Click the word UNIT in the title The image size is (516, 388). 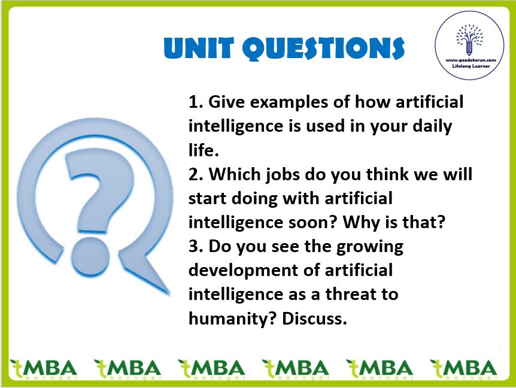(x=199, y=48)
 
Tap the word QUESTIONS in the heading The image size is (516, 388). (x=323, y=48)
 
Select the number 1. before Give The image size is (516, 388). (x=196, y=102)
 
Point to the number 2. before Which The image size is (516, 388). (x=196, y=174)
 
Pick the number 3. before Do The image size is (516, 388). (x=196, y=246)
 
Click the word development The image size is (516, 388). (x=244, y=271)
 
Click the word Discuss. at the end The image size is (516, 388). (x=315, y=319)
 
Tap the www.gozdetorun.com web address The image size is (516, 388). (x=471, y=60)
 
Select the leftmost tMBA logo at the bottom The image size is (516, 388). (x=44, y=369)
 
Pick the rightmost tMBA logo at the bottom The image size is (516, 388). (x=463, y=369)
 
